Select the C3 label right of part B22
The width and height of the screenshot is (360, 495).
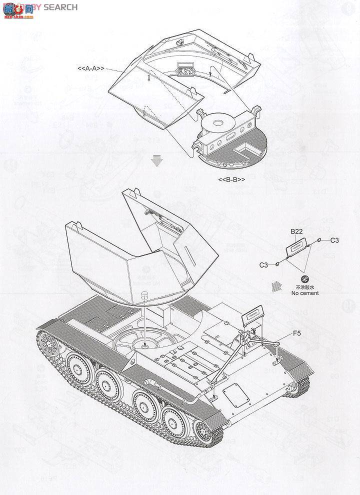(334, 240)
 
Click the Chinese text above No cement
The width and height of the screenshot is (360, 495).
(306, 287)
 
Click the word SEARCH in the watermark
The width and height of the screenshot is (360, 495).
(60, 7)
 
